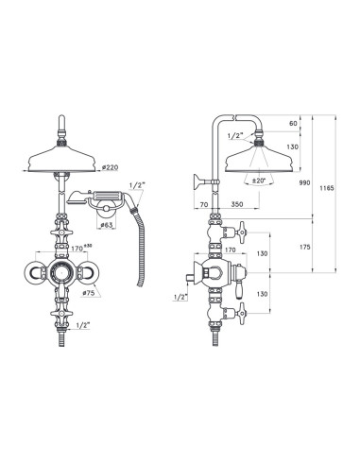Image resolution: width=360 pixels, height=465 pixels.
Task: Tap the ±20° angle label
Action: tap(255, 180)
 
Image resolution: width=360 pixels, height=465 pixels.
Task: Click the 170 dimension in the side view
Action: tap(230, 250)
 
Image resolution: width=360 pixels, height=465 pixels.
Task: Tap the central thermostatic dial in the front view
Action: tap(60, 275)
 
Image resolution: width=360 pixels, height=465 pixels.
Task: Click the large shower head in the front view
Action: tap(60, 153)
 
